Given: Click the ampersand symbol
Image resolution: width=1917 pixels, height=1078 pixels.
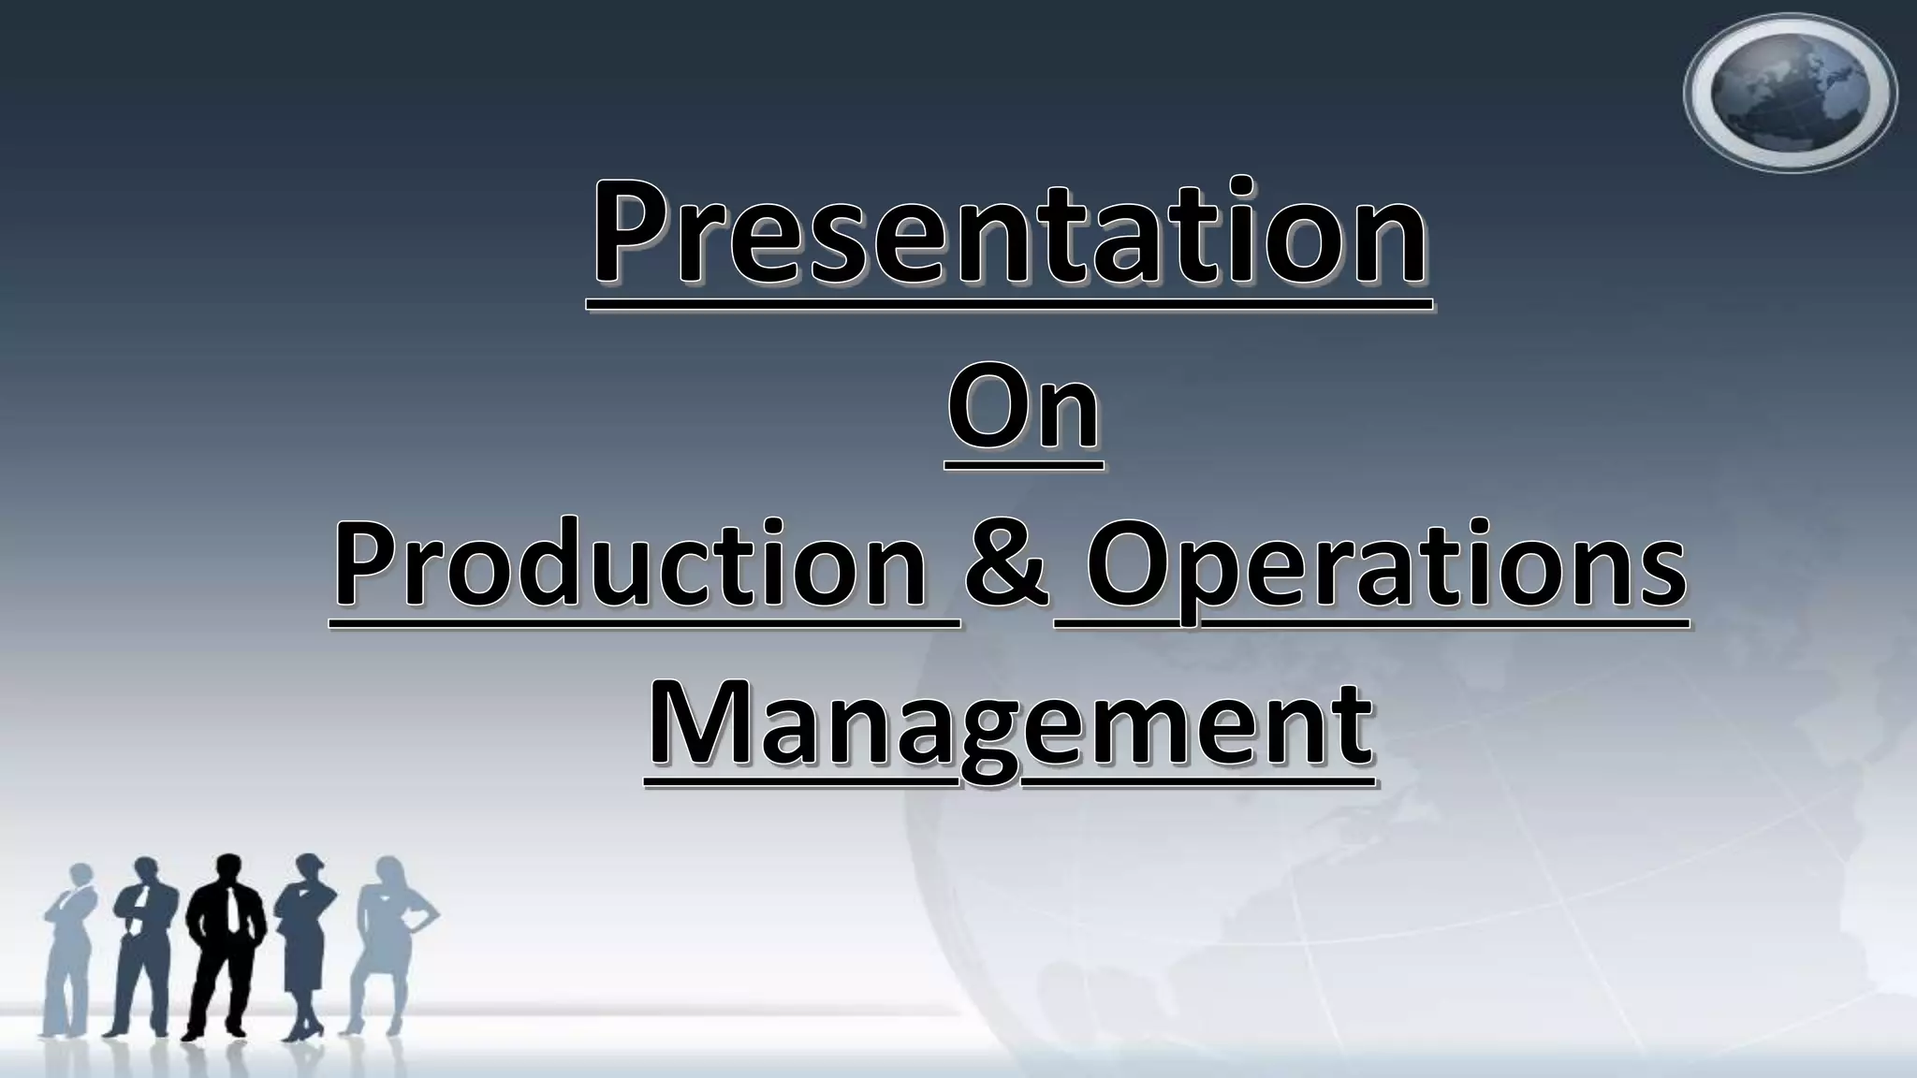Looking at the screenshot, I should (x=1007, y=565).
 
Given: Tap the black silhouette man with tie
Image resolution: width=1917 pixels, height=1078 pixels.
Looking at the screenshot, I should (x=226, y=945).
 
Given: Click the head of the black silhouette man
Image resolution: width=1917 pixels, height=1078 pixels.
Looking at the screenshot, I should (x=227, y=868).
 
